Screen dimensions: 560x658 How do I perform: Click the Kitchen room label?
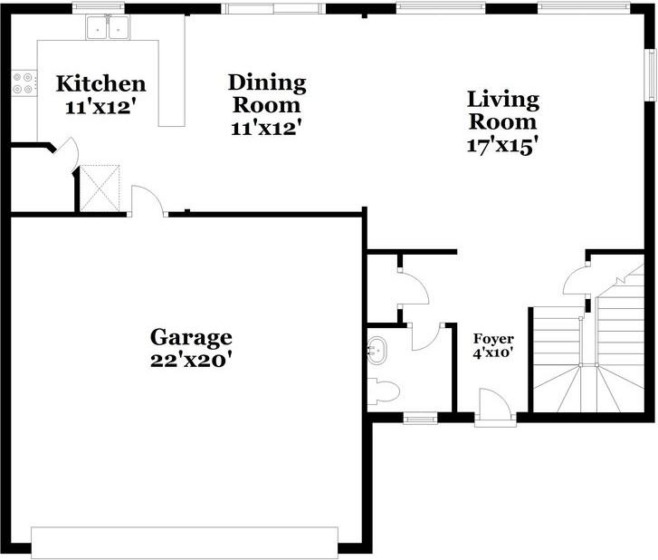coord(100,84)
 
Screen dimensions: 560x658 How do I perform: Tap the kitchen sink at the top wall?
coord(107,29)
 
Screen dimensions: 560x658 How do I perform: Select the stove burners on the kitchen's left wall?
coord(24,83)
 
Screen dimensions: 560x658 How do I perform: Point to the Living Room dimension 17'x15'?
coord(502,145)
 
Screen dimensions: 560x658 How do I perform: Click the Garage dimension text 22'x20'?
coord(191,360)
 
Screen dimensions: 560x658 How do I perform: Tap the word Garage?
coord(191,337)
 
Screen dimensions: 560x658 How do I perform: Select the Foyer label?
coord(493,339)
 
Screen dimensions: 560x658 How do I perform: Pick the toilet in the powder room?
coord(384,391)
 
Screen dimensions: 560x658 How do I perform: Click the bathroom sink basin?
coord(377,349)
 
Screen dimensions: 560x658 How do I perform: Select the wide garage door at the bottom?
coord(185,541)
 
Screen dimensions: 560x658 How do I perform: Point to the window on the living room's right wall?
coord(649,72)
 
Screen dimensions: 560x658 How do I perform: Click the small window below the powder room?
coord(419,418)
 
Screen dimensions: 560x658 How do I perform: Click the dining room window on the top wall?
coord(273,9)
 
